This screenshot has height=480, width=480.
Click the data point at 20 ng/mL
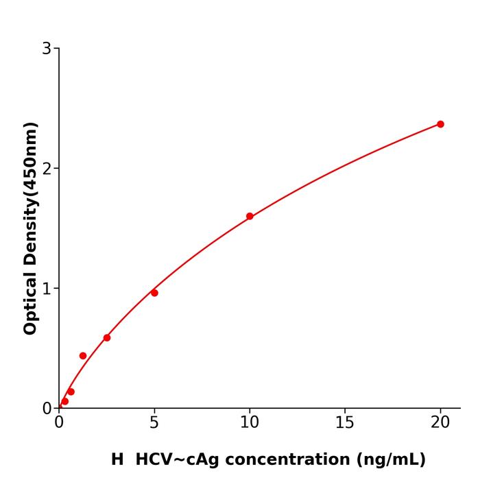(x=440, y=124)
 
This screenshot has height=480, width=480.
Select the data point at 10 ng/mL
(x=250, y=216)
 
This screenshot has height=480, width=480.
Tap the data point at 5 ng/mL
(x=154, y=293)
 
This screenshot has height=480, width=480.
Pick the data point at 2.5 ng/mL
(x=107, y=337)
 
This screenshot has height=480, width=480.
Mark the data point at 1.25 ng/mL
(x=83, y=356)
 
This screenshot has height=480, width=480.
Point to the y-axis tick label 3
(x=47, y=49)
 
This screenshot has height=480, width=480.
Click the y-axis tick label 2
(x=47, y=169)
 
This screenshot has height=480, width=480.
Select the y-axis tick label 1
(x=47, y=289)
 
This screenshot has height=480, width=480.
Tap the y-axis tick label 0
(x=47, y=409)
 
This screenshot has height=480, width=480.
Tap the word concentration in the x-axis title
(x=285, y=459)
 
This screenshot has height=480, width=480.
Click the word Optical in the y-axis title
(x=30, y=300)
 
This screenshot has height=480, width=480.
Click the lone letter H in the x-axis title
(x=117, y=459)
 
